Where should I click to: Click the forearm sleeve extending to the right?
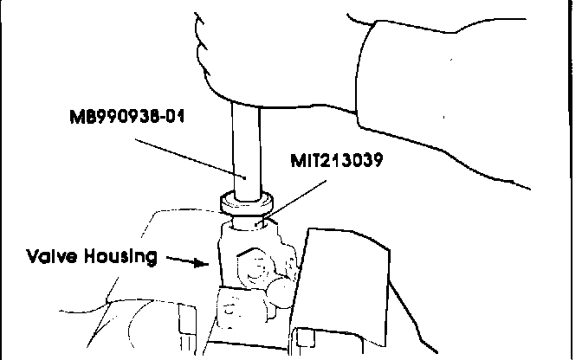pos(468,95)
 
